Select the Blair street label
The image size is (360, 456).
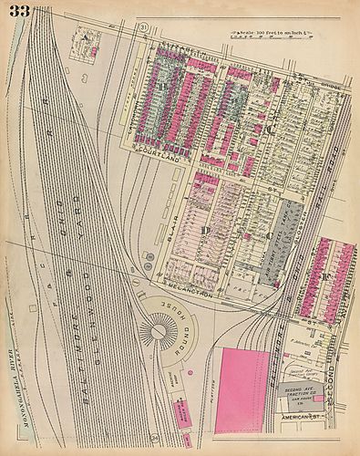point(176,232)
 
